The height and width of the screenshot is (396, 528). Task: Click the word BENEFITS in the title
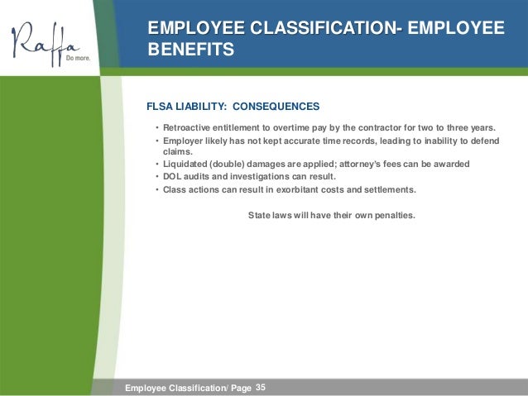click(x=190, y=50)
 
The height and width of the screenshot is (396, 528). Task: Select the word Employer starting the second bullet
click(x=185, y=140)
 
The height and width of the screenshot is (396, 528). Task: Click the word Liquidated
click(x=187, y=164)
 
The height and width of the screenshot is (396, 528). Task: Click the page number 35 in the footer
click(x=262, y=387)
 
